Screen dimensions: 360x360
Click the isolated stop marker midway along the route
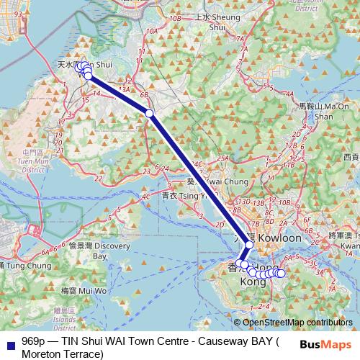coord(149,113)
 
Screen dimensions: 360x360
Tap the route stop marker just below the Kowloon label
coord(249,246)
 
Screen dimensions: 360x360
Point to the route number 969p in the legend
coord(34,341)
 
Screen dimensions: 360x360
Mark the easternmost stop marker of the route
coord(281,274)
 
